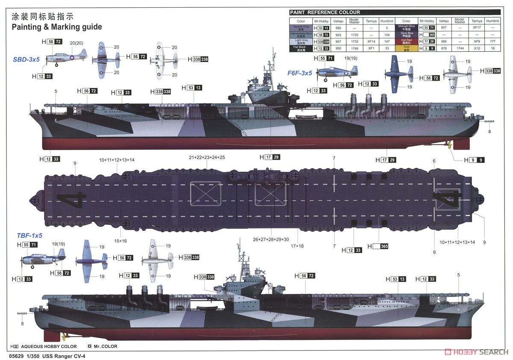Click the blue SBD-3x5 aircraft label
[26, 59]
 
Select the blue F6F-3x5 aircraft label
[299, 73]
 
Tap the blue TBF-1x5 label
[29, 236]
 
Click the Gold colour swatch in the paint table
[406, 48]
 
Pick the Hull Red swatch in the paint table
[406, 41]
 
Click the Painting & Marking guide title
[57, 27]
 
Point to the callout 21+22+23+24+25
[206, 157]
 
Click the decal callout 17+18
[297, 246]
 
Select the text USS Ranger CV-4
[65, 355]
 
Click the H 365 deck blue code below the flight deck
[378, 246]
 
